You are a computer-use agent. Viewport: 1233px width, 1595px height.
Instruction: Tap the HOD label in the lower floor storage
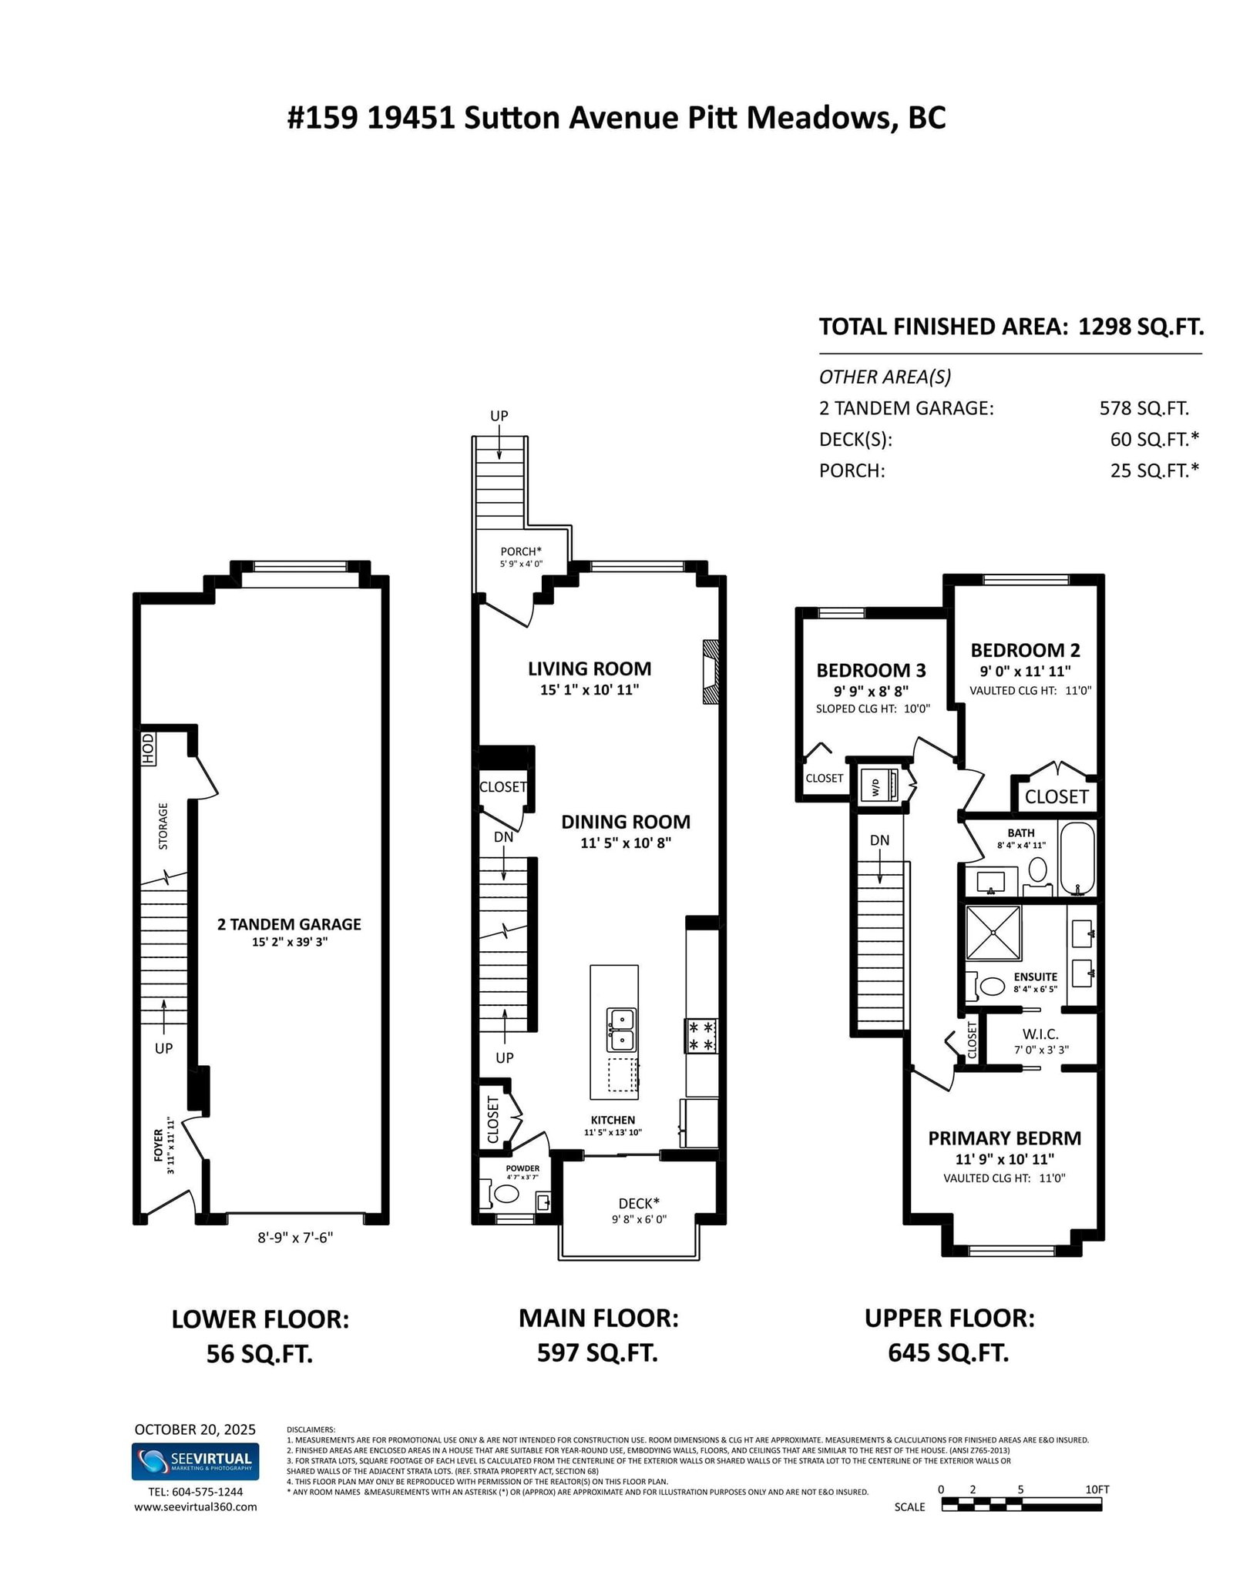click(x=148, y=749)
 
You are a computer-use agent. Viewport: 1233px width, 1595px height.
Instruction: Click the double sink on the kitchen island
click(x=621, y=1030)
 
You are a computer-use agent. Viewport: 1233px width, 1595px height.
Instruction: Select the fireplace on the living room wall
click(x=710, y=672)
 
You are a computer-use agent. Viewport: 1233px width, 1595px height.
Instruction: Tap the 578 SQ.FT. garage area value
click(x=1144, y=408)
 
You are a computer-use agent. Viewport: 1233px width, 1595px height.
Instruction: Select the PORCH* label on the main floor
click(x=521, y=551)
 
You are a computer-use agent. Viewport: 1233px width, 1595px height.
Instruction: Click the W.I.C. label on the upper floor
click(x=1040, y=1034)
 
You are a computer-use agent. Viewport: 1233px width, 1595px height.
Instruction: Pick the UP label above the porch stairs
click(x=499, y=416)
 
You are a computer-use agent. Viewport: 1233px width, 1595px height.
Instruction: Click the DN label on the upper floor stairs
click(x=880, y=840)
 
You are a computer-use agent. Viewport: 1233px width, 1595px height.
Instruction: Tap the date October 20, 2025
click(x=195, y=1429)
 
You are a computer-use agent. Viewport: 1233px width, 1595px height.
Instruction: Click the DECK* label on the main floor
click(x=639, y=1204)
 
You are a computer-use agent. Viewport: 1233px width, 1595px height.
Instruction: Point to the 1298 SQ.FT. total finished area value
click(x=1141, y=327)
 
